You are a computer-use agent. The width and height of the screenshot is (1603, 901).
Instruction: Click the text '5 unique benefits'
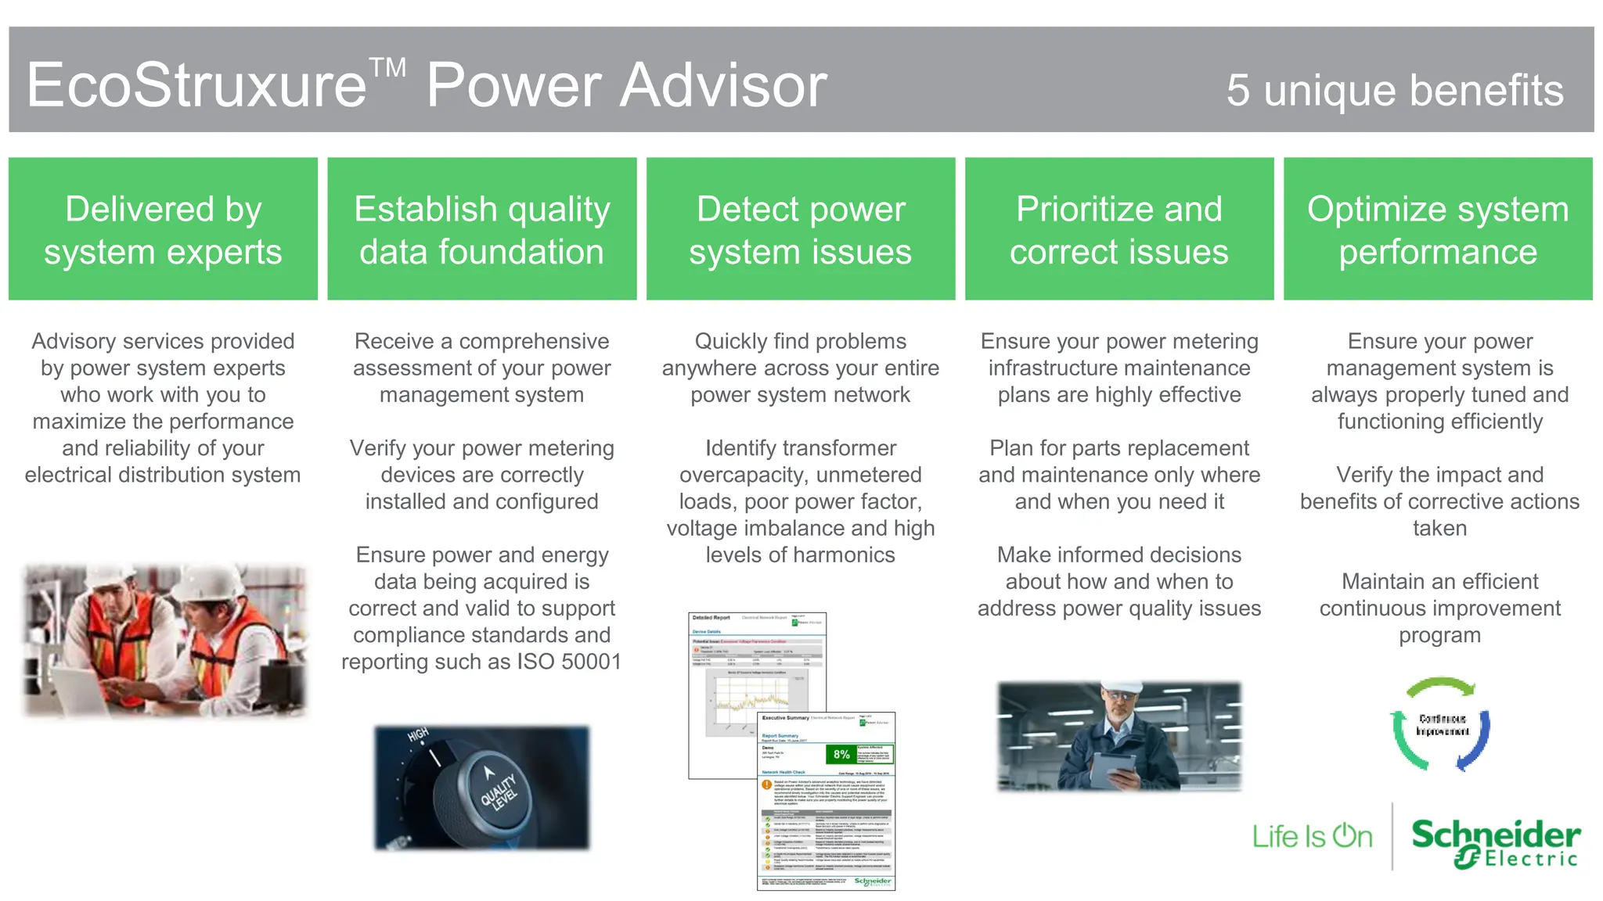coord(1395,90)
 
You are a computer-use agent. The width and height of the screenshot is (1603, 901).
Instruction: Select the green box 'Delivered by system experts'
coord(163,229)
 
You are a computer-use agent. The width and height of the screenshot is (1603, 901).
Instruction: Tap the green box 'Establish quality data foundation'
coord(481,229)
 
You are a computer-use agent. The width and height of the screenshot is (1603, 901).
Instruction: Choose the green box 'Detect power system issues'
coord(800,229)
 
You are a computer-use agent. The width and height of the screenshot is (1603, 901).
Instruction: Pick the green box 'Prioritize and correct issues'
coord(1118,229)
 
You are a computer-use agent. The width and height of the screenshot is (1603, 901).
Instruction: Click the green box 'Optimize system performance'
coord(1438,229)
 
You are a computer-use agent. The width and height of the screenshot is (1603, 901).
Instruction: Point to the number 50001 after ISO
coord(591,662)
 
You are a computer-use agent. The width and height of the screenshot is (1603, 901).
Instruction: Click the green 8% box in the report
coord(841,754)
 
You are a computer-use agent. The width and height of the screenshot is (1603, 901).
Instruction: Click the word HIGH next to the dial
coord(418,734)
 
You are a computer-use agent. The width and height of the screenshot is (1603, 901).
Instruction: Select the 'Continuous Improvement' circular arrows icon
coord(1441,724)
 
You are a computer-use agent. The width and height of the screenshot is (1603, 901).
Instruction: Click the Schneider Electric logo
coord(1495,842)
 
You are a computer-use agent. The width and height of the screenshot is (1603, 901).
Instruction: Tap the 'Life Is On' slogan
coord(1312,837)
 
